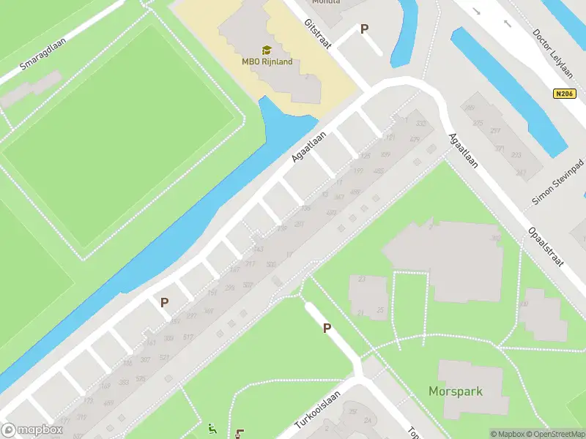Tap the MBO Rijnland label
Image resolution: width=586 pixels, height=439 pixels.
pos(267,61)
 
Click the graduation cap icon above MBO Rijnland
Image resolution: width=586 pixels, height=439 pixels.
pos(267,50)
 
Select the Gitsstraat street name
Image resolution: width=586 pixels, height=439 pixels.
pos(318,34)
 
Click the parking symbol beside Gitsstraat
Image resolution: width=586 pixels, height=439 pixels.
pos(364,29)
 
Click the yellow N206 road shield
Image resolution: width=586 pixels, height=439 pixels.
pos(562,94)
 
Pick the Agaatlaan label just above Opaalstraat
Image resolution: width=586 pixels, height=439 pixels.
pos(464,151)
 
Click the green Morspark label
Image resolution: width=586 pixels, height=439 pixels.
pos(456,391)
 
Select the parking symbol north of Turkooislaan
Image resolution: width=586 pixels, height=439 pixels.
pos(327,329)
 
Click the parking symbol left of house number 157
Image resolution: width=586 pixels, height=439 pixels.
pos(165,301)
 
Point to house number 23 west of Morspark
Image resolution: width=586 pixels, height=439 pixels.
pos(362,279)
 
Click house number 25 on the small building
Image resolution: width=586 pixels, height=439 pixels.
pos(379,311)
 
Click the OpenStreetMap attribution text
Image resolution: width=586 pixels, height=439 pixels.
pos(555,434)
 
